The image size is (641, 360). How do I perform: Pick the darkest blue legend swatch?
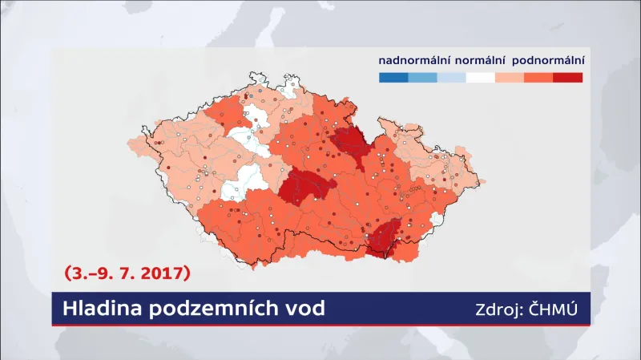click(393, 78)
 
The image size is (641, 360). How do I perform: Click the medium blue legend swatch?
click(422, 78)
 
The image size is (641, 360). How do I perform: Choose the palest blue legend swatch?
click(452, 78)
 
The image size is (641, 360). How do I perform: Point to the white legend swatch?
click(481, 78)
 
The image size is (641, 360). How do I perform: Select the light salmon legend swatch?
click(510, 78)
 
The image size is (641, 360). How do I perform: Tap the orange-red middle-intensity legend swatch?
click(539, 78)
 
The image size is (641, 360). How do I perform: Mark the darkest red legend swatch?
click(568, 78)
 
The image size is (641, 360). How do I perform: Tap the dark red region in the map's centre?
click(305, 189)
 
